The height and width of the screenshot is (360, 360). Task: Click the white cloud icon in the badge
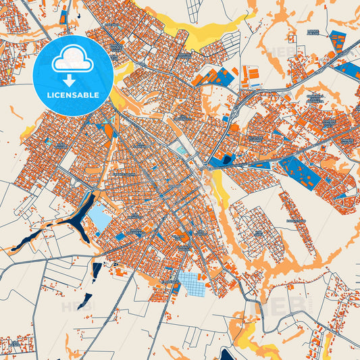(74, 59)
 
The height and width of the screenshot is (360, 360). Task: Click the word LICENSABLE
(74, 95)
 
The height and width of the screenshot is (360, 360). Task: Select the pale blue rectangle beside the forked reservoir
(99, 218)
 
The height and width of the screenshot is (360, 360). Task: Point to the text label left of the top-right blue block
(313, 32)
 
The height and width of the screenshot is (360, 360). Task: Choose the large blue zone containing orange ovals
(301, 173)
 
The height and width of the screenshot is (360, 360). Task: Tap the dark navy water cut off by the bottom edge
(223, 354)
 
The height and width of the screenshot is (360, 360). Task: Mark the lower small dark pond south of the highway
(86, 301)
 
